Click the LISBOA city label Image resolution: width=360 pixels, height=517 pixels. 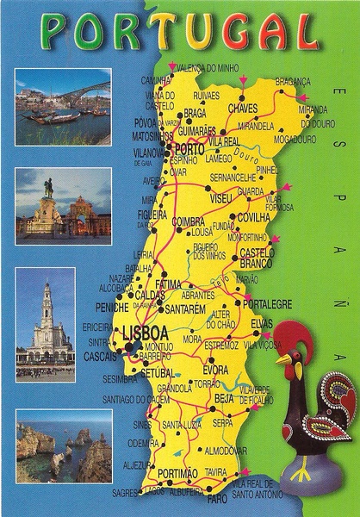point(139,332)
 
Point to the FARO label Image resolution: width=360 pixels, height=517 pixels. point(217,498)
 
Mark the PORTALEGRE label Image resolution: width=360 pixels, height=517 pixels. point(268,304)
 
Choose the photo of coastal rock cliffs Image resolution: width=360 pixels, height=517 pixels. point(63,445)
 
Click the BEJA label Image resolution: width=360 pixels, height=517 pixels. point(224,399)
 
